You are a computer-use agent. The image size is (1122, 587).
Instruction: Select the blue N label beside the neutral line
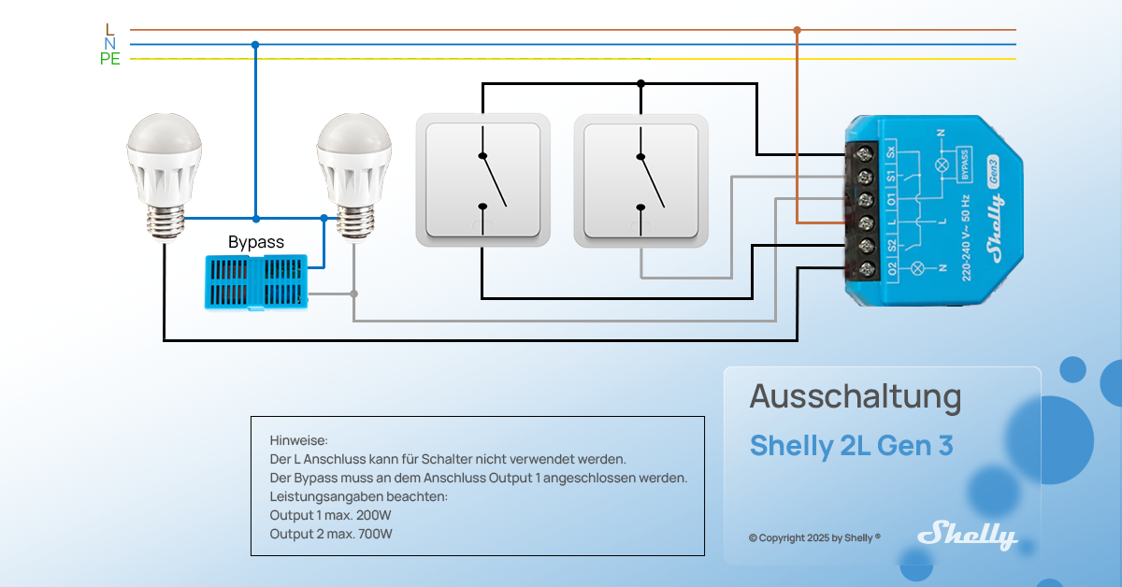tap(110, 44)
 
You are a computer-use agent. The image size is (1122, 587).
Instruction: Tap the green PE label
tap(110, 60)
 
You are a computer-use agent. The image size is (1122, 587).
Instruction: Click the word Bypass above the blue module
tap(256, 242)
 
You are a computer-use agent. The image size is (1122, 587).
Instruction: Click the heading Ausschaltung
tap(855, 397)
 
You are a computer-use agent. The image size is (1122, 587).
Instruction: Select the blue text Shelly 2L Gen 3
tap(851, 447)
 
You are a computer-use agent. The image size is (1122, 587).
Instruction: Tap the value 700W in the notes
tap(375, 534)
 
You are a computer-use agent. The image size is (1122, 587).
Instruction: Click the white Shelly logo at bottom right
tap(967, 535)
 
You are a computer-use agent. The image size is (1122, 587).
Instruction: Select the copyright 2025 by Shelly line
tap(814, 538)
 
